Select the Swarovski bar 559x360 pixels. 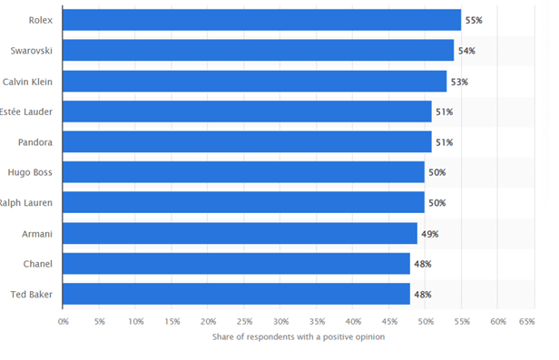point(258,51)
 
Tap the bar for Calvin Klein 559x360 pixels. point(254,82)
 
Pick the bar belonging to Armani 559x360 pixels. point(240,234)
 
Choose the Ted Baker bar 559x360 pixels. point(236,295)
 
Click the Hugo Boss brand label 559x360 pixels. point(32,172)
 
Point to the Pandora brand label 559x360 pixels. point(35,142)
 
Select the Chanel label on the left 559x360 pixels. point(37,264)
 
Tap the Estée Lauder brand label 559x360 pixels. point(28,112)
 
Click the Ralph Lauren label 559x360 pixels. point(28,203)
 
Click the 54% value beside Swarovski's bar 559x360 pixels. point(467,51)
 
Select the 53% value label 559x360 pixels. point(460,82)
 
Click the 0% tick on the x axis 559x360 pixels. point(64,321)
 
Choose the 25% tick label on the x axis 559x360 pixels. point(244,321)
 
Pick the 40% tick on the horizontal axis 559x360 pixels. point(353,321)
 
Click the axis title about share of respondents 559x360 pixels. point(299,337)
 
